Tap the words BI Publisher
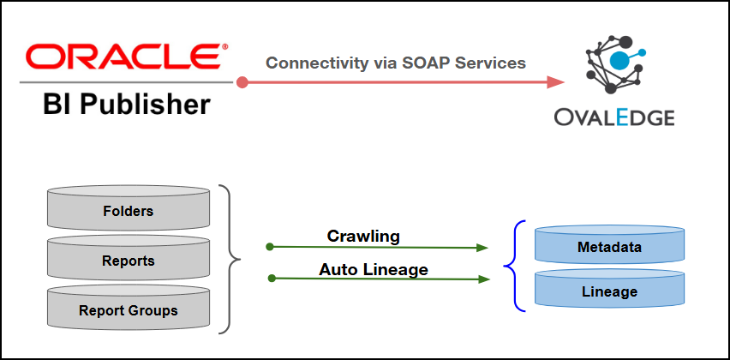click(127, 105)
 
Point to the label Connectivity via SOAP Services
click(395, 63)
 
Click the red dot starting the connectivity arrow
click(242, 82)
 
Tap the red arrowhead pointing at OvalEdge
click(556, 82)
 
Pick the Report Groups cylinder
click(128, 309)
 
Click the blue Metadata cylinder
click(609, 248)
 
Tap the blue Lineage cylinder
click(609, 291)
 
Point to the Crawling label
click(363, 236)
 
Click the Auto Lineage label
click(374, 269)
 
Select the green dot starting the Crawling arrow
click(270, 247)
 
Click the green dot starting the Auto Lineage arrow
click(272, 278)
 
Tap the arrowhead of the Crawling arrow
click(482, 248)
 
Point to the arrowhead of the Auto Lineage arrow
click(483, 279)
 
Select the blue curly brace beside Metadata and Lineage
click(512, 266)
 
